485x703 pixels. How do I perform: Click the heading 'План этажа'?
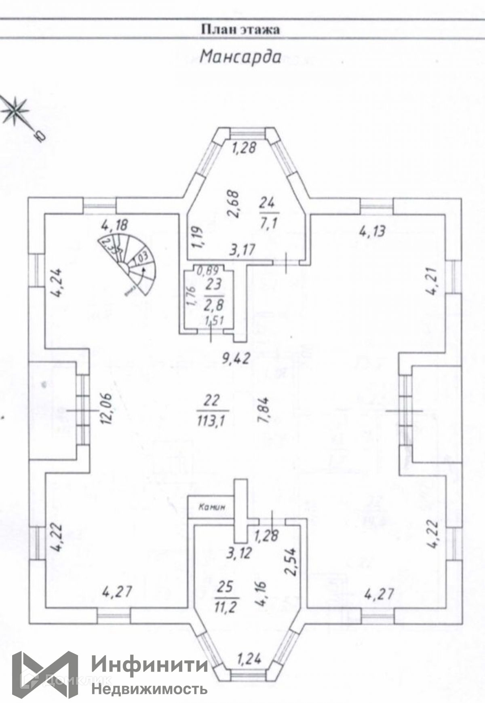(x=240, y=30)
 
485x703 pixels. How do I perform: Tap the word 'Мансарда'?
(x=240, y=57)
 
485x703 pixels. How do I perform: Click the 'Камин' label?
(x=211, y=507)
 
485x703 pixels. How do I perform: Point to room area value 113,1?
(x=211, y=422)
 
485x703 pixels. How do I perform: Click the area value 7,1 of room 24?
(x=268, y=223)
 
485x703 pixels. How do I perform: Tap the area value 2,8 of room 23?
(x=213, y=304)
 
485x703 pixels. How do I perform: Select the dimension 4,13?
(x=372, y=231)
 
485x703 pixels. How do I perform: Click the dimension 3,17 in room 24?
(x=242, y=249)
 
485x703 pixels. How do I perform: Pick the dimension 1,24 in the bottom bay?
(x=249, y=660)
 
